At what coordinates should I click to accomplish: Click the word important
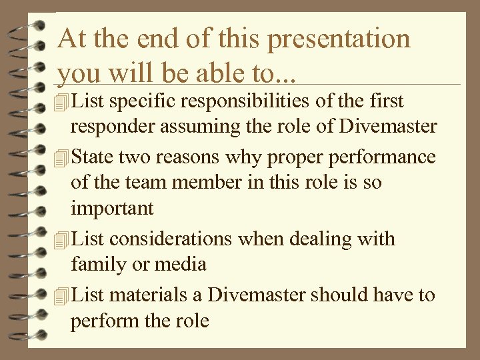113,209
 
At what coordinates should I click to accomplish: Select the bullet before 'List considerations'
63,239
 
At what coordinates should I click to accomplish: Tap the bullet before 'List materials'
63,295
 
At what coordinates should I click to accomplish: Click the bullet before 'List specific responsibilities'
63,102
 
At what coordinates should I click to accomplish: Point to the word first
386,101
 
